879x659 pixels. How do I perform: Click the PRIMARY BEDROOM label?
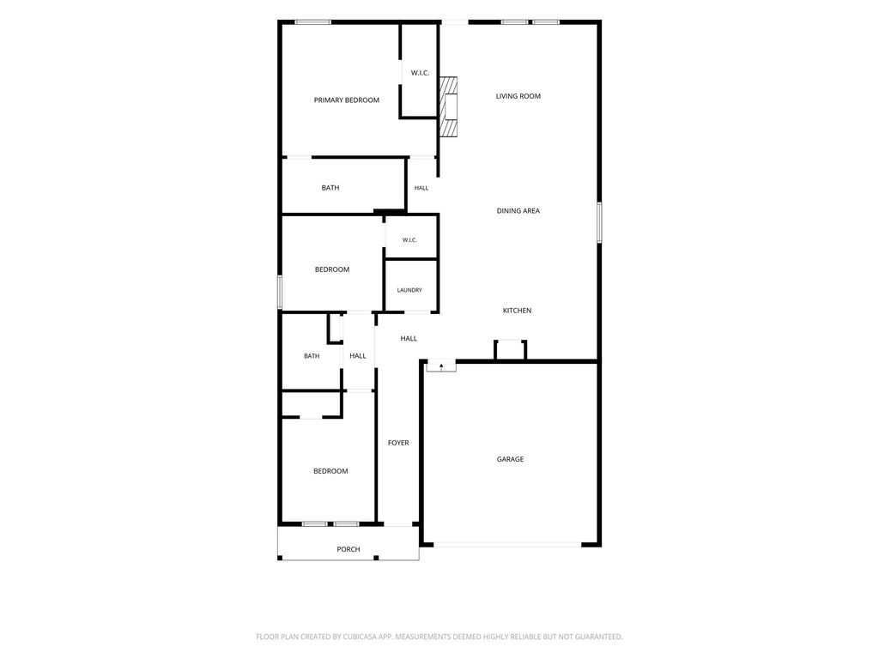[347, 100]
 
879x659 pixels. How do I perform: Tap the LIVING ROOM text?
[518, 96]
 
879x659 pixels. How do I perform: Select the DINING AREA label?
[518, 211]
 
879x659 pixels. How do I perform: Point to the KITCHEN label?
[517, 311]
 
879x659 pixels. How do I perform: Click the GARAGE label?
[510, 460]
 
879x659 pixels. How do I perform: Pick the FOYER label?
[398, 444]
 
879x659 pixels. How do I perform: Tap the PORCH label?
[349, 549]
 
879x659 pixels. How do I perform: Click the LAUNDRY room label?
[409, 290]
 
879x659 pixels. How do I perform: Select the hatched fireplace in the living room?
[448, 106]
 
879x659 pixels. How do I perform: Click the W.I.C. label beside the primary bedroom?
[420, 73]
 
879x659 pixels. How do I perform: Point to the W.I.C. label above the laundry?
[409, 240]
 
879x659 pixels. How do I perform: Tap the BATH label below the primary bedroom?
[330, 188]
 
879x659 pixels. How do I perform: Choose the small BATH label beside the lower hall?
[312, 356]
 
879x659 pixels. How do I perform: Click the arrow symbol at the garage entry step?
[442, 366]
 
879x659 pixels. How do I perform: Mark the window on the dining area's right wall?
[599, 222]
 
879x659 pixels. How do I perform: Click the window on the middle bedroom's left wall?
[280, 292]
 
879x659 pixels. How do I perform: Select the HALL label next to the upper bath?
[421, 188]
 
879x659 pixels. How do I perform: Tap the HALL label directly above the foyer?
[409, 338]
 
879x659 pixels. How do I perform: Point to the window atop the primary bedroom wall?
[312, 22]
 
